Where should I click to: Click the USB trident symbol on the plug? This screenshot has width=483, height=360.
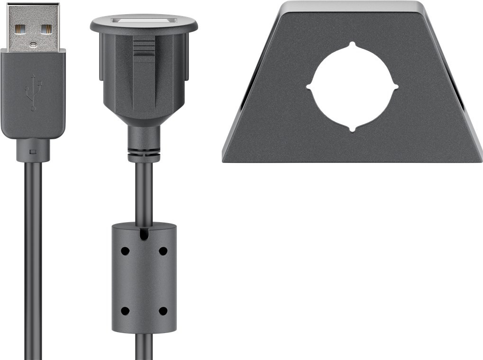[x=33, y=92]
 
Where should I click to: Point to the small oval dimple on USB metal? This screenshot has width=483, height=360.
[x=33, y=45]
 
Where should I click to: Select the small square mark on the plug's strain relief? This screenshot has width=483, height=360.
[x=33, y=152]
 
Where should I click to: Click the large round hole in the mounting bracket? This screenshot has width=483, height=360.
[x=353, y=87]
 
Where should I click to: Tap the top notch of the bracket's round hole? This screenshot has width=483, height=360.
[x=352, y=45]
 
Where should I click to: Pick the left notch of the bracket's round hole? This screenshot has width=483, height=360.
[x=310, y=87]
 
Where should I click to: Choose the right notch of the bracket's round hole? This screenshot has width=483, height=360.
[x=396, y=87]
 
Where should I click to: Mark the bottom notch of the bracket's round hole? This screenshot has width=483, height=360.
[x=352, y=129]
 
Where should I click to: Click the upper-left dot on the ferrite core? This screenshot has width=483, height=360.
[x=125, y=251]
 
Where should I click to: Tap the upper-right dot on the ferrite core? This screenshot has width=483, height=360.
[x=163, y=251]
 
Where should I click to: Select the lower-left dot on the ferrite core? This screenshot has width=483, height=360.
[x=125, y=311]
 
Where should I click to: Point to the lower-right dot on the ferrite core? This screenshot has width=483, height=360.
[x=163, y=311]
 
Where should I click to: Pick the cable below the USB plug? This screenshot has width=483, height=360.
[x=33, y=261]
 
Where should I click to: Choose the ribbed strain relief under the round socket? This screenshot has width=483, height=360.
[x=144, y=153]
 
